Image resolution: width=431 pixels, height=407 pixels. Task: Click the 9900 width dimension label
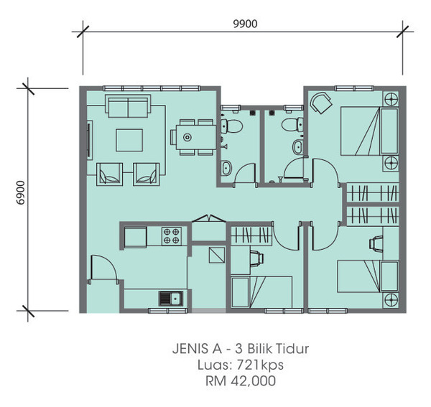(x=245, y=24)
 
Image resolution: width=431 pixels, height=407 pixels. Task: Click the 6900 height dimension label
(x=21, y=193)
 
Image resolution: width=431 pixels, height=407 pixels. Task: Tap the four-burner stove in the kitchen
(x=172, y=236)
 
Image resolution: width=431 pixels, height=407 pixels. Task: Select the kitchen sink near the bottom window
(x=171, y=298)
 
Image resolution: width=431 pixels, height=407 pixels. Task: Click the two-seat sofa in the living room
(x=128, y=106)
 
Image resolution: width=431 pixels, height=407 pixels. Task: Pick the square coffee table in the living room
(x=129, y=141)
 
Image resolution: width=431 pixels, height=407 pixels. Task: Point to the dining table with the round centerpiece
(x=196, y=137)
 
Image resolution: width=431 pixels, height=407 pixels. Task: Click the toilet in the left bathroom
(x=231, y=126)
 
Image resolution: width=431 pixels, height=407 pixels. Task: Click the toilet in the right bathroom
(x=292, y=125)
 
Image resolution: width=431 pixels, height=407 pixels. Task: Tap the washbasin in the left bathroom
(x=226, y=168)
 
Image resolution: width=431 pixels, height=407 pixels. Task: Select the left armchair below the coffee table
(x=109, y=174)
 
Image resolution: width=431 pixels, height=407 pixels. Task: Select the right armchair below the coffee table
(x=147, y=174)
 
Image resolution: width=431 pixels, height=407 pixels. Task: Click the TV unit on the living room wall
(x=90, y=140)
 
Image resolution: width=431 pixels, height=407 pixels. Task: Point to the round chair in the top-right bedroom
(x=321, y=103)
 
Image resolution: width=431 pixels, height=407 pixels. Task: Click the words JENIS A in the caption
(x=197, y=349)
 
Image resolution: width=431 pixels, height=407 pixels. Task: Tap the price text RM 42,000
(x=241, y=381)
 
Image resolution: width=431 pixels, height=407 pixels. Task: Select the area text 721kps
(x=260, y=365)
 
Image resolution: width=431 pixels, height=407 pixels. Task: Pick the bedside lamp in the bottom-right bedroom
(x=391, y=299)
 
